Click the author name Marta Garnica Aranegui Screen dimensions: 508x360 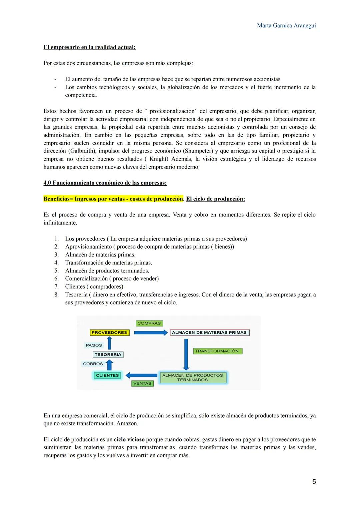coord(286,26)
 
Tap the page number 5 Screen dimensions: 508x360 coord(314,482)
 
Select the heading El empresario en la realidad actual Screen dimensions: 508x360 coord(89,47)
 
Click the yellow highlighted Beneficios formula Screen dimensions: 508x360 coord(113,199)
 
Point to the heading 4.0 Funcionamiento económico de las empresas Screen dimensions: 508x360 coord(105,183)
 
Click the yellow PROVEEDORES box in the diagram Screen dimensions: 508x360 coord(109,332)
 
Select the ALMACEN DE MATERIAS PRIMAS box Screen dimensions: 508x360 coord(209,332)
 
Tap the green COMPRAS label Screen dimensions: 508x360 coord(149,323)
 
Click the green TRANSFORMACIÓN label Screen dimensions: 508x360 coord(217,351)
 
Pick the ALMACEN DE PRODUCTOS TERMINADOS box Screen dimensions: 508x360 coord(193,378)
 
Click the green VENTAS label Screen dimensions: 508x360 coord(142,383)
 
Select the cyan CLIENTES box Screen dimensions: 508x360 coord(107,375)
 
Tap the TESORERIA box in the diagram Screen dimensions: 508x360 coord(108,354)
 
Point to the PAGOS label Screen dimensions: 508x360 coord(94,345)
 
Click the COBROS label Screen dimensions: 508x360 coord(93,364)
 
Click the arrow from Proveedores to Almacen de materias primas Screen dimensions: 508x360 coord(150,332)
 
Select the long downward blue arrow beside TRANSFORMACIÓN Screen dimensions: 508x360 coord(186,354)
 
